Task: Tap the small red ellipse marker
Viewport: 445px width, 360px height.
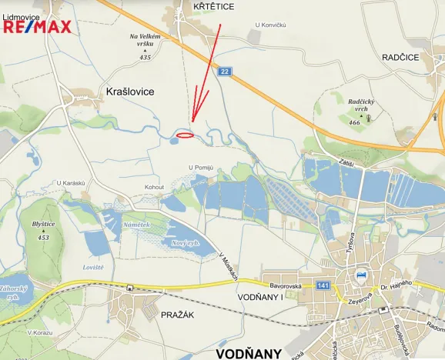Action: (185, 135)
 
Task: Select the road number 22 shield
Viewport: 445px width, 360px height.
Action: (224, 71)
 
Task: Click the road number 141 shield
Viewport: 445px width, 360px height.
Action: (323, 286)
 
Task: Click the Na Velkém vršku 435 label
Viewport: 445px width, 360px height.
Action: (145, 46)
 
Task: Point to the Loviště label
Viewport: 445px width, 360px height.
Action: (93, 267)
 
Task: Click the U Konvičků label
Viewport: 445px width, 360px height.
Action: (270, 25)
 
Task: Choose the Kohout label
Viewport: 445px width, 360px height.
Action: (155, 187)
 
